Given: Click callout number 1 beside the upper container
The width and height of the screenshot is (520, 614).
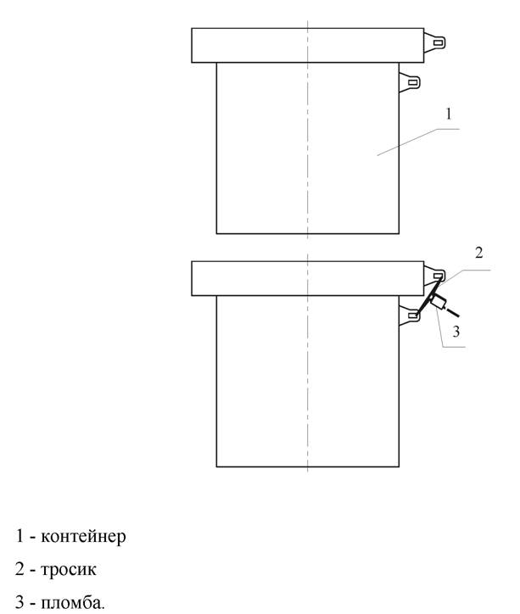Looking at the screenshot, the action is (449, 114).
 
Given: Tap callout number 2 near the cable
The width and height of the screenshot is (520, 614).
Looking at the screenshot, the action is (479, 254).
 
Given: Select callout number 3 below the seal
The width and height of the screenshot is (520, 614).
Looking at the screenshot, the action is (456, 332).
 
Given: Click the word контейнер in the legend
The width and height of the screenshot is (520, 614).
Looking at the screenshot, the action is (83, 536).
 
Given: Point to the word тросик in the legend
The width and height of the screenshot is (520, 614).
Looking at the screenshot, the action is (69, 569).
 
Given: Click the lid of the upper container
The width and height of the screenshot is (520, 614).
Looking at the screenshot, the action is (307, 46).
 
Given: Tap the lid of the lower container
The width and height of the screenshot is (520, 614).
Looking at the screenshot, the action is (307, 278).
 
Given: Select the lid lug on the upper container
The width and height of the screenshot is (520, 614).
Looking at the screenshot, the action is (435, 42).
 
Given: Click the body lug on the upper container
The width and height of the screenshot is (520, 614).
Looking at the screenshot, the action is (410, 82).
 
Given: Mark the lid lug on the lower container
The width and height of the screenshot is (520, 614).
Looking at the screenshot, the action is (435, 275).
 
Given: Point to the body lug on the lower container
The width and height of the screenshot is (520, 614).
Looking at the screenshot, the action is (410, 315).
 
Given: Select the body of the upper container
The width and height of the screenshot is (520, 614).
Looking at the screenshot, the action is (308, 148).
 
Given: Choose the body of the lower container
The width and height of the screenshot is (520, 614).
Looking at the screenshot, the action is (308, 382).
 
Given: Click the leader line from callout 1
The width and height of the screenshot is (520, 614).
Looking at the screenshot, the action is (418, 142).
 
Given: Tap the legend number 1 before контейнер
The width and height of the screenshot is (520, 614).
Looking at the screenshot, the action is (20, 536).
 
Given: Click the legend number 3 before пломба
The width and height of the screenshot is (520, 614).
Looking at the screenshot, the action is (20, 602).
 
